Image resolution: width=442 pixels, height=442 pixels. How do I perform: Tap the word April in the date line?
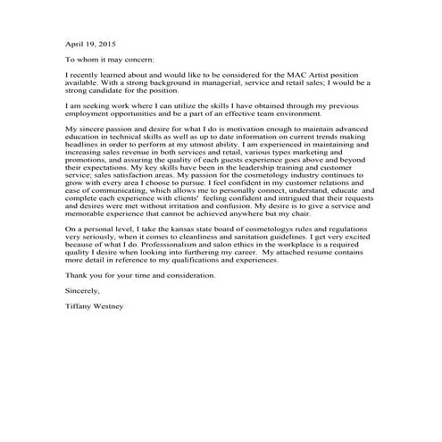point(74,42)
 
